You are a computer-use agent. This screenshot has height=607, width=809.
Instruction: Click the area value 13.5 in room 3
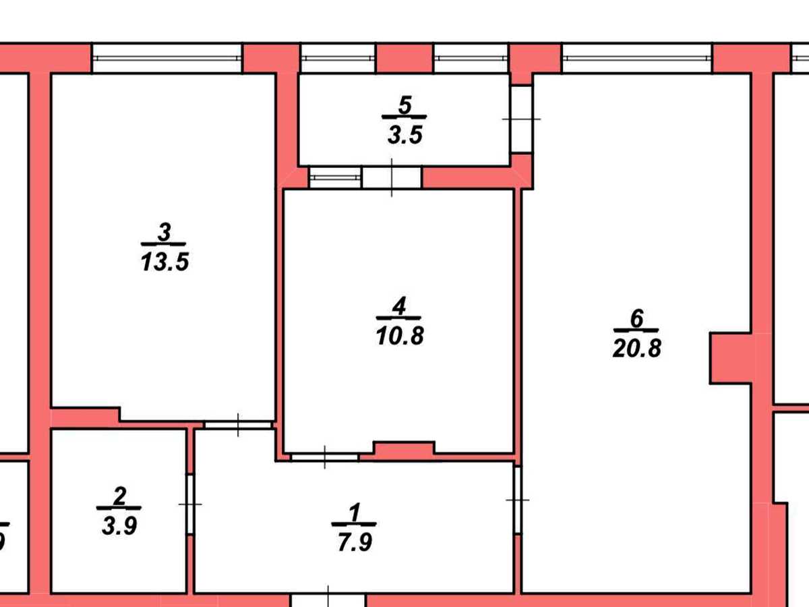[164, 262]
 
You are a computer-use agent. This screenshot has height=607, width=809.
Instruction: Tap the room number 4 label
[399, 306]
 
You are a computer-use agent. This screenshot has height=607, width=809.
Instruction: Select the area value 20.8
[637, 348]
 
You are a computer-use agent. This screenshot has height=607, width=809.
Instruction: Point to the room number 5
[404, 105]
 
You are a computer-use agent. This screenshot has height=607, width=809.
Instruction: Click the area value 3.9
[119, 525]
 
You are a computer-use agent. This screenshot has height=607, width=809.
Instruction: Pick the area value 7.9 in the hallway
[355, 542]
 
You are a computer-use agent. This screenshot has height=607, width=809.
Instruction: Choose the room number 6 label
[637, 318]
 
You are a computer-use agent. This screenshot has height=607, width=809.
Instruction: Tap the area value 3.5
[404, 135]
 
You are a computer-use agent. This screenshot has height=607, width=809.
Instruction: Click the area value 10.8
[400, 336]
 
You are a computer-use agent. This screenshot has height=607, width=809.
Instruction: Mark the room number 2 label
[120, 496]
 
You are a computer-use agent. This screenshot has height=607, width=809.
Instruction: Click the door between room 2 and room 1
[190, 504]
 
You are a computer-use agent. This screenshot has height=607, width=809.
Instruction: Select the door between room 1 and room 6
[518, 500]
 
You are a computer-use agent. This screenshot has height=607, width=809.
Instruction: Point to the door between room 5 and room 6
[522, 119]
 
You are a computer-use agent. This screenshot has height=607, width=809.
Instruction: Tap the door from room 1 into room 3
[238, 426]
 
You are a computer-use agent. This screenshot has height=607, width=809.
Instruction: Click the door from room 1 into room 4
[324, 457]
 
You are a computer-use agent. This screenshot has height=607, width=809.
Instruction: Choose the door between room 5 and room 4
[392, 177]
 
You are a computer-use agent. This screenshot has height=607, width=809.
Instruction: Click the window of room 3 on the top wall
[167, 58]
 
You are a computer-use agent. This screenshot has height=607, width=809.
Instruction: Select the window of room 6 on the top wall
[637, 58]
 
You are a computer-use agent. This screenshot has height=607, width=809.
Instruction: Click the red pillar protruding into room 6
[731, 358]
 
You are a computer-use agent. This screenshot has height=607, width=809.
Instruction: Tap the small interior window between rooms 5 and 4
[335, 177]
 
